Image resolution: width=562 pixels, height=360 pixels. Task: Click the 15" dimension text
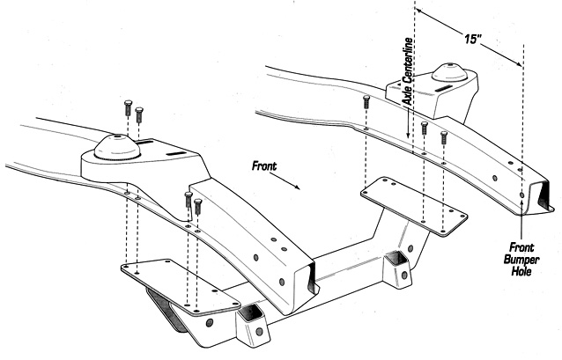pos(472,39)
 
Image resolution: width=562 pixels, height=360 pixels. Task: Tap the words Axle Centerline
pos(408,71)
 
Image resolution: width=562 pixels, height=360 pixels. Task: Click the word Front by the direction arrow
pos(264,165)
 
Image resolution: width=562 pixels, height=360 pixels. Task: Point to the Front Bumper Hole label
pos(521,260)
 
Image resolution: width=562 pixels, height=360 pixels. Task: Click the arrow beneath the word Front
pos(285,180)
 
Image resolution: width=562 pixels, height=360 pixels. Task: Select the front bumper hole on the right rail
pos(521,195)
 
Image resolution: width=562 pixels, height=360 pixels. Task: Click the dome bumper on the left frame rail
pos(117,148)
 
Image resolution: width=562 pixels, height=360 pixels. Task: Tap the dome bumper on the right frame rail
pos(449,72)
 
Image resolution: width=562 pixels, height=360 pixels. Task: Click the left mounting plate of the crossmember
pos(181,287)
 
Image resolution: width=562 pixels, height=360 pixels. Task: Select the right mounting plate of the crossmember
pos(414,206)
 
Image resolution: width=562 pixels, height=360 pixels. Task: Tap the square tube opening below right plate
pos(396,259)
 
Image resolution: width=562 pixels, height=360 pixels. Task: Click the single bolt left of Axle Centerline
pos(366,102)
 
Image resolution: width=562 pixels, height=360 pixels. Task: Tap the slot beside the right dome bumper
pos(445,88)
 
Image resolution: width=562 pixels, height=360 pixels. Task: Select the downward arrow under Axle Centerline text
pos(408,122)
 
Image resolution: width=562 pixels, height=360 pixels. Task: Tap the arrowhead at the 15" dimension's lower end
pos(519,63)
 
